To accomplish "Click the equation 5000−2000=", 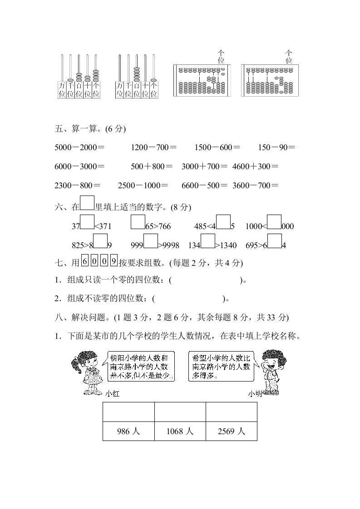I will [x=79, y=147].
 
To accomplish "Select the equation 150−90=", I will [x=276, y=147].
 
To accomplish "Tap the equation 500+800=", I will [x=152, y=166].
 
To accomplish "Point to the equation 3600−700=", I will [x=255, y=185].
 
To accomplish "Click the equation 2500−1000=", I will [x=143, y=185].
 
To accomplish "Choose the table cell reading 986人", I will [x=128, y=431].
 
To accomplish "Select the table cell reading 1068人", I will [x=180, y=431].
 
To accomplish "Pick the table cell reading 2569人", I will [x=231, y=431].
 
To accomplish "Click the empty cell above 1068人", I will [x=180, y=412].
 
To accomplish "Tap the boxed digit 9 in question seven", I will [x=113, y=262].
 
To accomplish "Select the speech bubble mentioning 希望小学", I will [x=220, y=366].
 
